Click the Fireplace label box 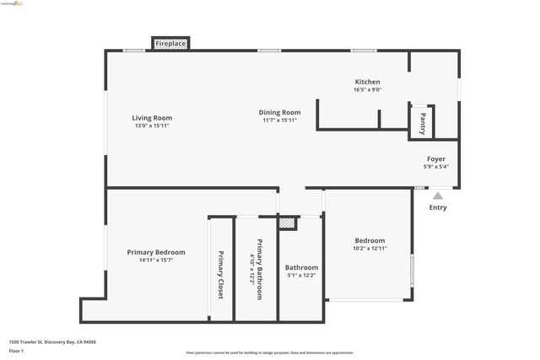170,43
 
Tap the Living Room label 152,117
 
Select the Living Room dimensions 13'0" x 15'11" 152,126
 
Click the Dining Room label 279,112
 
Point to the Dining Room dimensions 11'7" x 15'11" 279,121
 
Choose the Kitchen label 367,82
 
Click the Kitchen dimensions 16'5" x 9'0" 367,89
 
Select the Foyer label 436,159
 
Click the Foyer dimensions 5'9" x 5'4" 436,166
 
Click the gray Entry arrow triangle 438,196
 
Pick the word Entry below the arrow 438,207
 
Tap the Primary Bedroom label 156,252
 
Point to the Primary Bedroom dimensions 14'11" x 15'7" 156,261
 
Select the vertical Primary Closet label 221,275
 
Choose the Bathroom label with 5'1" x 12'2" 301,267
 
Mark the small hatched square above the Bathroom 288,223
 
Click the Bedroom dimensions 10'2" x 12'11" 370,249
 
